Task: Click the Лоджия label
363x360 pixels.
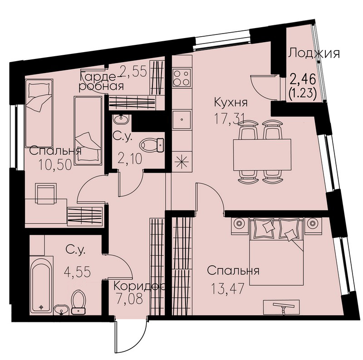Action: [314, 54]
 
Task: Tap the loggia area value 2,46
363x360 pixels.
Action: [303, 80]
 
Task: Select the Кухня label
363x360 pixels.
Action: [231, 102]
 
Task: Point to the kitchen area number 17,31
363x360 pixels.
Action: [230, 119]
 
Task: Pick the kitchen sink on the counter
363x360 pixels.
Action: [182, 119]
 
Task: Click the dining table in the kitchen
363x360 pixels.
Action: [262, 155]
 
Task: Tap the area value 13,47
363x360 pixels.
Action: [228, 288]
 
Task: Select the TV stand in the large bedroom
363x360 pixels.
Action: [281, 307]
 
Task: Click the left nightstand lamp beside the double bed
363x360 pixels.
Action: [240, 224]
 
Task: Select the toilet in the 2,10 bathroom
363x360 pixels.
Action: [152, 145]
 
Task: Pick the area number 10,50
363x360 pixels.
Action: [55, 165]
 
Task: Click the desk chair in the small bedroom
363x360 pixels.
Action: [46, 194]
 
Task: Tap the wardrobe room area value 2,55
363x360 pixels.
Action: [133, 72]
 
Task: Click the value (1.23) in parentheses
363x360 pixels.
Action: [303, 94]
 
